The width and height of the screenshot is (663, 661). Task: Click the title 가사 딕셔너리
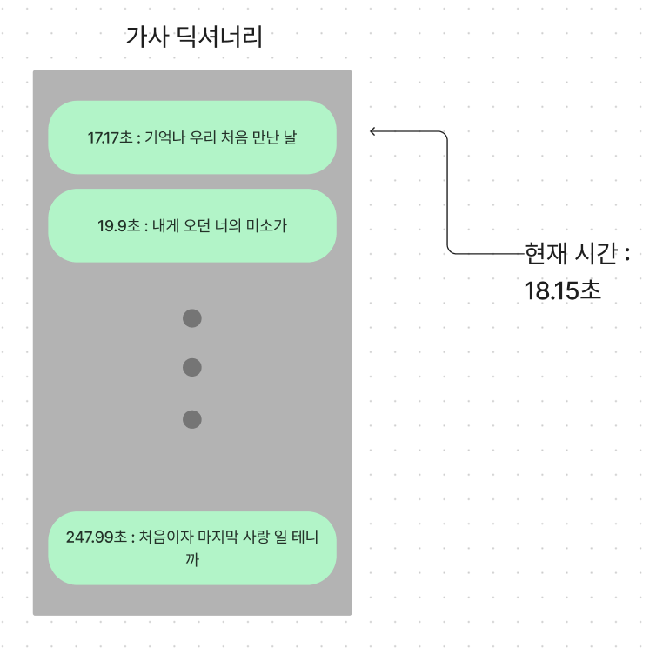[194, 37]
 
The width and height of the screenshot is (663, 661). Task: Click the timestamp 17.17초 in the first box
[110, 138]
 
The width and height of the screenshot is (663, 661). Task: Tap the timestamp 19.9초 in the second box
[118, 226]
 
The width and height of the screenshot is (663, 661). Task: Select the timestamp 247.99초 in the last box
[97, 537]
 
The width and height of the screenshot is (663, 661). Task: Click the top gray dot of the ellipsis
[192, 318]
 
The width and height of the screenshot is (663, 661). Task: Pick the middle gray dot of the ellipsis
[192, 368]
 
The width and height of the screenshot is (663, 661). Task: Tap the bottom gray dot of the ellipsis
[192, 420]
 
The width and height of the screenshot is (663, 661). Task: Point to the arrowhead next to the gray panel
[373, 131]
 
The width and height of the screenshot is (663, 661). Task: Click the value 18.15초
[562, 290]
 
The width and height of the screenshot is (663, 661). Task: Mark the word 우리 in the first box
[202, 138]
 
